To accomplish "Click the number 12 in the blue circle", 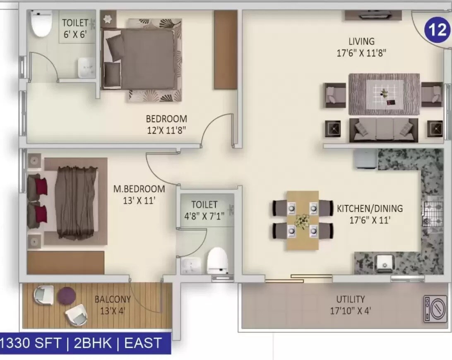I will click(x=437, y=30).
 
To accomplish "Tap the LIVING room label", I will click(x=361, y=41).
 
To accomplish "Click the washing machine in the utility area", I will click(x=435, y=309).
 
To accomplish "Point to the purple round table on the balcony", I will click(x=66, y=296).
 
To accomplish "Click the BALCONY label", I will click(x=113, y=299).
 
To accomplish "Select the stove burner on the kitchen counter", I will click(x=432, y=211).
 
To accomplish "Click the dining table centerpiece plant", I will click(x=303, y=221).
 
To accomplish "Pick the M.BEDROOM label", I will click(x=139, y=189).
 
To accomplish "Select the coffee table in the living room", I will click(x=385, y=94).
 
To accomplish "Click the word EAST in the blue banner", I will click(x=143, y=343).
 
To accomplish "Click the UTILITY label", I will click(x=350, y=299).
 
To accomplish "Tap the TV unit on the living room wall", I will click(x=373, y=15).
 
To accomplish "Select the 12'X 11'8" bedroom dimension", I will click(x=166, y=130).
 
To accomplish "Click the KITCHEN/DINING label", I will click(x=370, y=209).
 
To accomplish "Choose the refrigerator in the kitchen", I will click(x=365, y=159).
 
